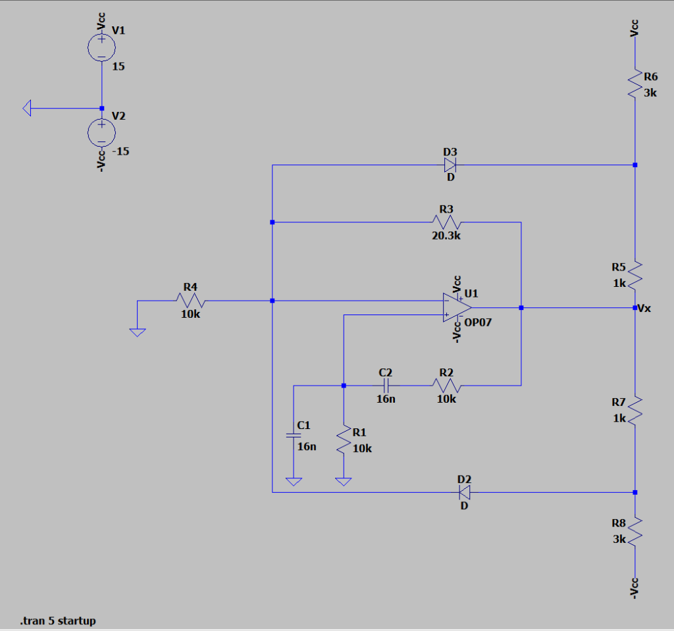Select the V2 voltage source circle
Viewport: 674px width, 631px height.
click(x=101, y=132)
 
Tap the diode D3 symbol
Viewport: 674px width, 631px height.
click(x=451, y=164)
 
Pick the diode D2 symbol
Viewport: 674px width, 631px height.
click(x=465, y=492)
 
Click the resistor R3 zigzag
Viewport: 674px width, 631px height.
click(x=447, y=222)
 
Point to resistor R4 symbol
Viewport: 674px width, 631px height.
click(x=191, y=301)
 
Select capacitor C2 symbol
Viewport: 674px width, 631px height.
click(x=386, y=386)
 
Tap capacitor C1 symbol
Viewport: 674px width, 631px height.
click(x=294, y=435)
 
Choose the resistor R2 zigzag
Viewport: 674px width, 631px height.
click(x=446, y=386)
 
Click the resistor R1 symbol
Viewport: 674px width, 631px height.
click(x=344, y=439)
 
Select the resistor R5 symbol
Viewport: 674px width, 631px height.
click(x=635, y=275)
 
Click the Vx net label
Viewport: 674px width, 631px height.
click(x=645, y=308)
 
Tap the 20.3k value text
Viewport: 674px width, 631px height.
click(x=446, y=236)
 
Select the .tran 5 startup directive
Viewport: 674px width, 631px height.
click(x=58, y=620)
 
